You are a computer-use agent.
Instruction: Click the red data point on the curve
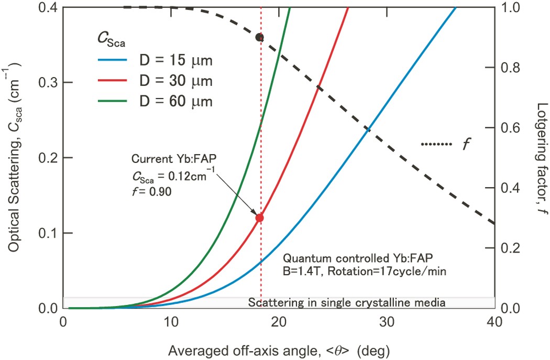[259, 218]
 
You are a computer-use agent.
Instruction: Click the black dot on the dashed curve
[259, 37]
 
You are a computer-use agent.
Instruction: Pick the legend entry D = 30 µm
[155, 82]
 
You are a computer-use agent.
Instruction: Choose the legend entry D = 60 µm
[155, 102]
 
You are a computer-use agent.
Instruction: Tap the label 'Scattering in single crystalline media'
[346, 302]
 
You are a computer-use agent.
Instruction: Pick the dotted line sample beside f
[436, 144]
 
